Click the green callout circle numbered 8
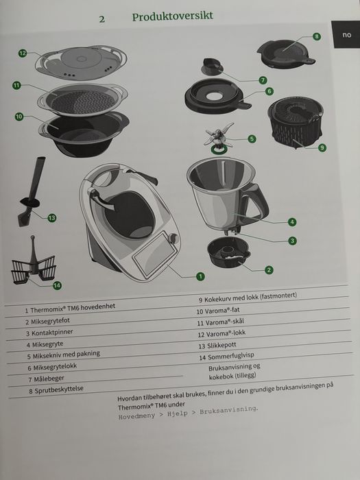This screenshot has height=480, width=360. point(317,36)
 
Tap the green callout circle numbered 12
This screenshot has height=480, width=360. point(23,53)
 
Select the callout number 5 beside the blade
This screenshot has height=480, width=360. point(252,139)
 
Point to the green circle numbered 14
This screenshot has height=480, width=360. point(57,286)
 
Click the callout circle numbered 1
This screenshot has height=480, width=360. point(200,276)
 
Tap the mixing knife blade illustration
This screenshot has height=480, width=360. point(219,136)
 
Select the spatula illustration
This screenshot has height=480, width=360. point(32,192)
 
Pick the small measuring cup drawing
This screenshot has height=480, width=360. point(211,67)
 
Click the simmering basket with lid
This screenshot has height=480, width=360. point(295,123)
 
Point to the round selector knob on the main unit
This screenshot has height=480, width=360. point(173,238)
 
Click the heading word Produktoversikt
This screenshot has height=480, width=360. point(172,16)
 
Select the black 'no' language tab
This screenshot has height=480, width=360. point(346,34)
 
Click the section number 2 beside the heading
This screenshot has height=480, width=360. point(102,19)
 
